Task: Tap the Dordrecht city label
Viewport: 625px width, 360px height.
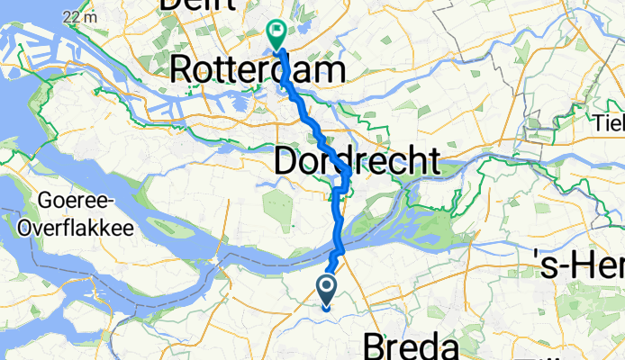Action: click(x=357, y=162)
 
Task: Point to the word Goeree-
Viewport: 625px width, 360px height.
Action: click(x=71, y=201)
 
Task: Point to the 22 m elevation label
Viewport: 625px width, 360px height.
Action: click(x=81, y=17)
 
